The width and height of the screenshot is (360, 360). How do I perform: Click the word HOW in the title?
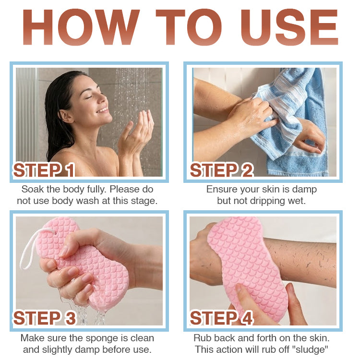[81, 27]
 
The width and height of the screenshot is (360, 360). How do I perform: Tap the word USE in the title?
[289, 27]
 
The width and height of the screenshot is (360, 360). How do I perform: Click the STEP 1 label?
[44, 170]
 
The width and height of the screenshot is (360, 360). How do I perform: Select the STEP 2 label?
[221, 170]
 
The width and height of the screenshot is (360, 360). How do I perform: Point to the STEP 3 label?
[44, 318]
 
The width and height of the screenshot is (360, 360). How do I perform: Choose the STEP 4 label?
[221, 318]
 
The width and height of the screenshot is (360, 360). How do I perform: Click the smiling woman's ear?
[66, 116]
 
